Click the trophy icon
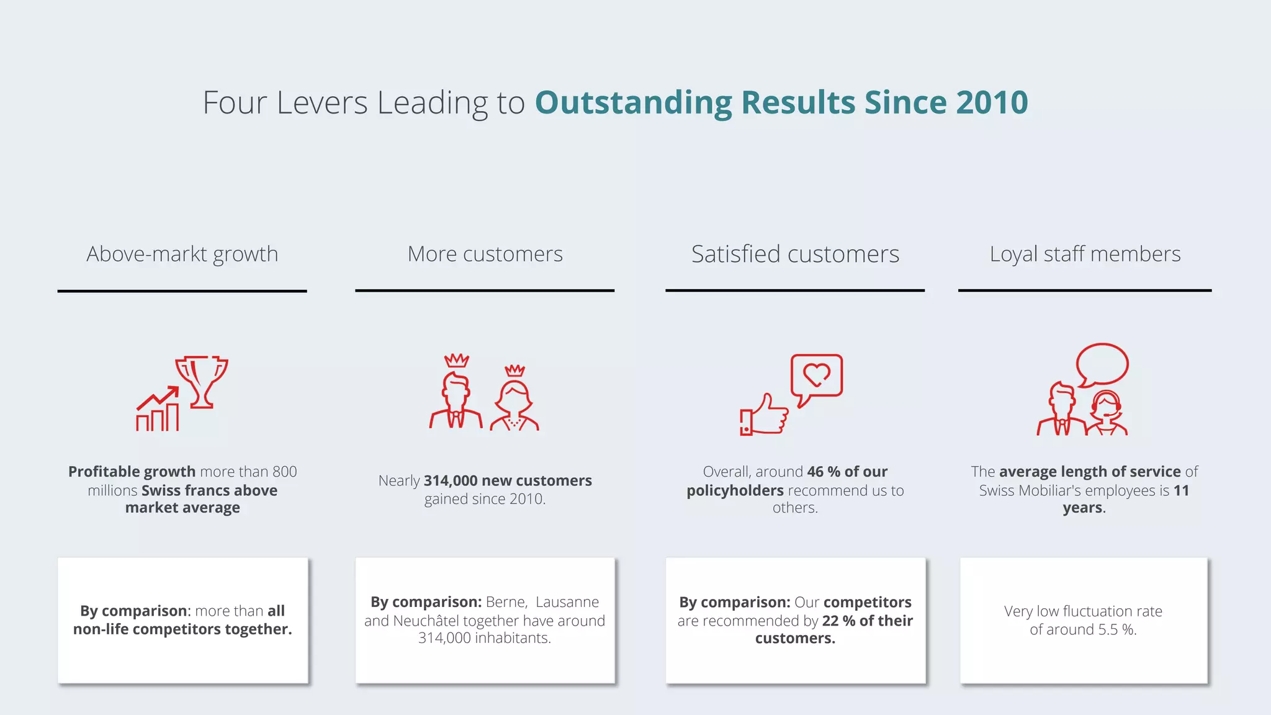202,380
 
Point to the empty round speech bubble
1102,365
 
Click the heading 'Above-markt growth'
182,254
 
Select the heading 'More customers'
485,254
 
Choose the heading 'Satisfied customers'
795,254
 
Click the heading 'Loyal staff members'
1085,254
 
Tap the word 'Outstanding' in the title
633,102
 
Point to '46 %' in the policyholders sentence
824,472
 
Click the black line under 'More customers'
485,290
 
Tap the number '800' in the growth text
284,472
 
